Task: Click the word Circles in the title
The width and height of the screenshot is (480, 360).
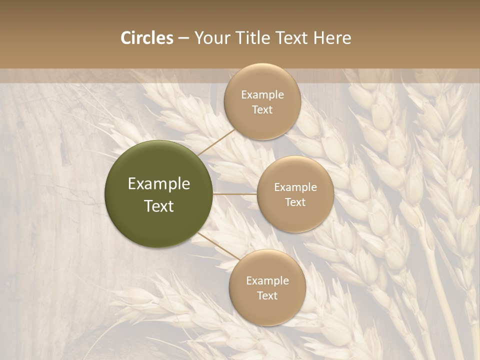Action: pos(146,38)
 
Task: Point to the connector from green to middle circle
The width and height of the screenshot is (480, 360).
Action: pos(235,193)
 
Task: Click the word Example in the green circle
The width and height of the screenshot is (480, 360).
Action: pos(159,184)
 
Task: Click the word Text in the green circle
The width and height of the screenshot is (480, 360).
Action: pos(159,206)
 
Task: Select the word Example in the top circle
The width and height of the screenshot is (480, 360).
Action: pos(262,95)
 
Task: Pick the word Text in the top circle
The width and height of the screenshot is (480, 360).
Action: pos(262,110)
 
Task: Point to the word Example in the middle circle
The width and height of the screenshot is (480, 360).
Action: pos(295,187)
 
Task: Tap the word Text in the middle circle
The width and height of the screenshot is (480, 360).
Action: pos(295,202)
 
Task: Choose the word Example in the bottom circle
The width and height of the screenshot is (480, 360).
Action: pos(267,281)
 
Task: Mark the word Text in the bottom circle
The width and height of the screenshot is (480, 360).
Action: pos(267,296)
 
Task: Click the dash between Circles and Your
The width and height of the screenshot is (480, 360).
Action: pos(183,38)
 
